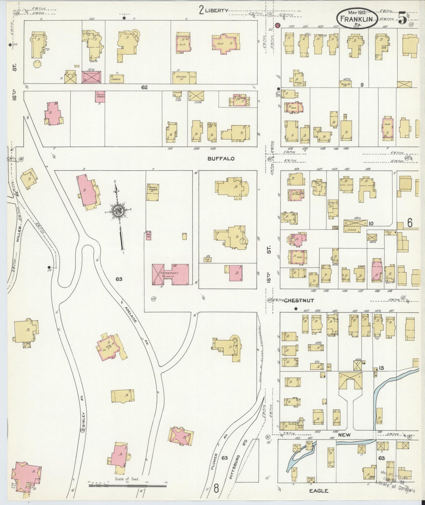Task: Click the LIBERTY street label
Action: tap(216, 10)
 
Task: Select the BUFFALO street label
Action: tap(221, 159)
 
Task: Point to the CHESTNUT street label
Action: tap(299, 301)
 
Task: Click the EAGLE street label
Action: tap(319, 491)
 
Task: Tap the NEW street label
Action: tap(344, 435)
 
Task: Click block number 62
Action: tap(144, 88)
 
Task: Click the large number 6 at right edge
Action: tap(410, 223)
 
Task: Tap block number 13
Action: tap(381, 368)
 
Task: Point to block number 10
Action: tap(371, 224)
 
